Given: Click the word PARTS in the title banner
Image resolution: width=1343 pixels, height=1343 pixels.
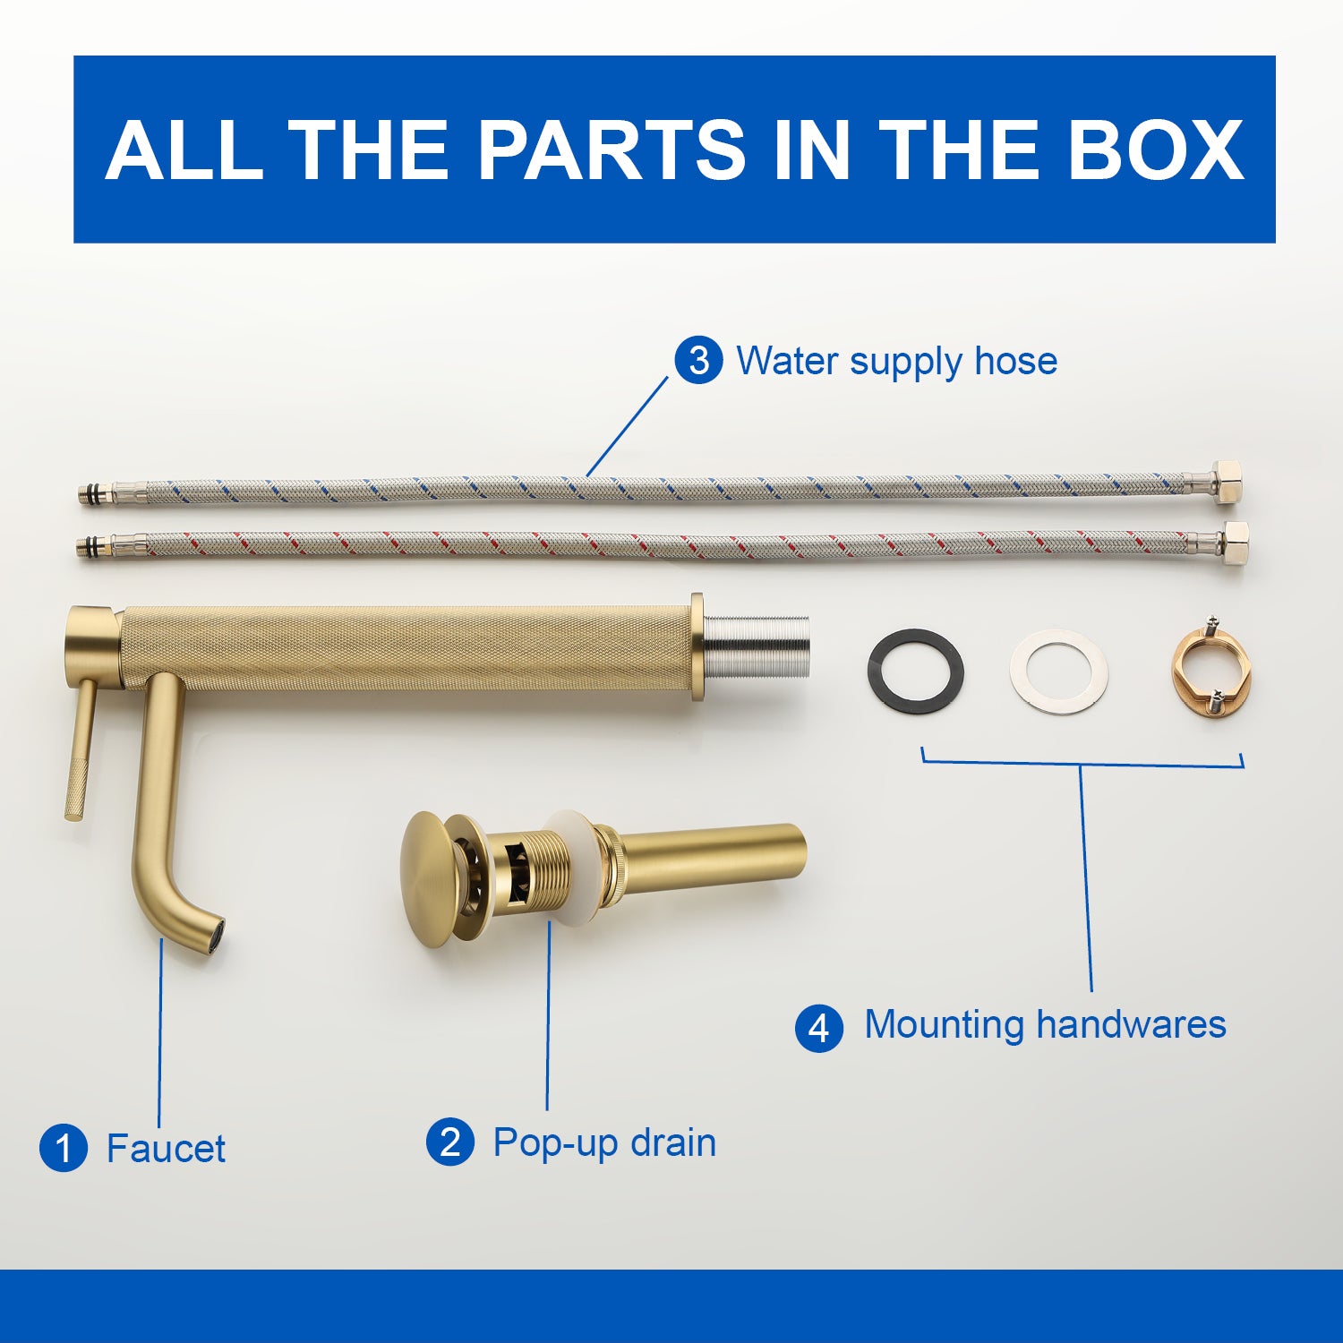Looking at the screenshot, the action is pos(612,150).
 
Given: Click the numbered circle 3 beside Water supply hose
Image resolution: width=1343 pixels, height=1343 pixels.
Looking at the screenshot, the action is pos(698,361).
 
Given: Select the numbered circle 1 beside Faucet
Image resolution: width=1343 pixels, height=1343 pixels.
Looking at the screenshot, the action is pos(64,1148).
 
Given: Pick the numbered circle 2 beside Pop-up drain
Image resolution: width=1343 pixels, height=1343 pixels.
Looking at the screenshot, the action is pos(450,1142).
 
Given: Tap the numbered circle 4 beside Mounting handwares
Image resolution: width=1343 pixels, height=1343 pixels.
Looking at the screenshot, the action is pos(819,1028).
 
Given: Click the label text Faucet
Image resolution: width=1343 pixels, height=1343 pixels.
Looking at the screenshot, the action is pos(166,1149).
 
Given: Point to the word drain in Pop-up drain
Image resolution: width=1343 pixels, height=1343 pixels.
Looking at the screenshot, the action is pos(672,1142).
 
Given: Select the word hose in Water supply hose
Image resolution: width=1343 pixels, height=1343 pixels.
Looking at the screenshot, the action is pos(1016,361).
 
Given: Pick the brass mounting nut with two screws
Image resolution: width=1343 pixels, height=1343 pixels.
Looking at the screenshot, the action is pos(1211,670).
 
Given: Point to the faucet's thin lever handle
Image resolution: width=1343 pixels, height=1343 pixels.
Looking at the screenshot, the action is pos(80,748).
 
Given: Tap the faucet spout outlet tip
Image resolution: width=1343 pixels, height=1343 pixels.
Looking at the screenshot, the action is pos(213,937).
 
